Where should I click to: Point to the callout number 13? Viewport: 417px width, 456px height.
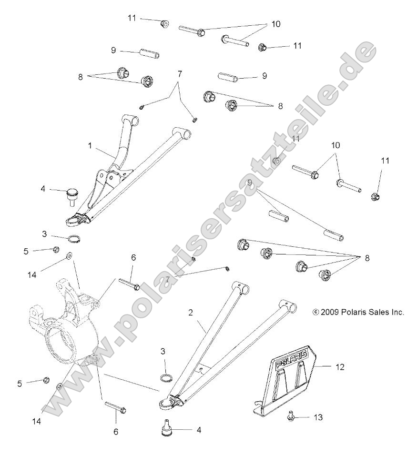[x=318, y=417]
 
